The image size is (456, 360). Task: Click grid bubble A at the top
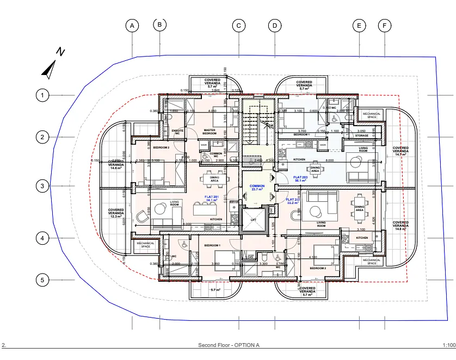[132, 25]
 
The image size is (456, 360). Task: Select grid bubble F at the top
[385, 26]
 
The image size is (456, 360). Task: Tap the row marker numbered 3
[42, 186]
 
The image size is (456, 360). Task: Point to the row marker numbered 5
[42, 281]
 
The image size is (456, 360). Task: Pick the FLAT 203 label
[301, 179]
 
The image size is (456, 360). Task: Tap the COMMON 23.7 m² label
[257, 188]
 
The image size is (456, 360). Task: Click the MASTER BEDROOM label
[209, 132]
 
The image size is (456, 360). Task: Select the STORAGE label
[362, 135]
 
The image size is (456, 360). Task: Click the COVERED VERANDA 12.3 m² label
[116, 213]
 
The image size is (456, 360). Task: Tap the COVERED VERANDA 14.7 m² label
[400, 151]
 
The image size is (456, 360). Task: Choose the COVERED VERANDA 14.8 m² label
[400, 225]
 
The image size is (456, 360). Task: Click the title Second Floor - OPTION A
[229, 345]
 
